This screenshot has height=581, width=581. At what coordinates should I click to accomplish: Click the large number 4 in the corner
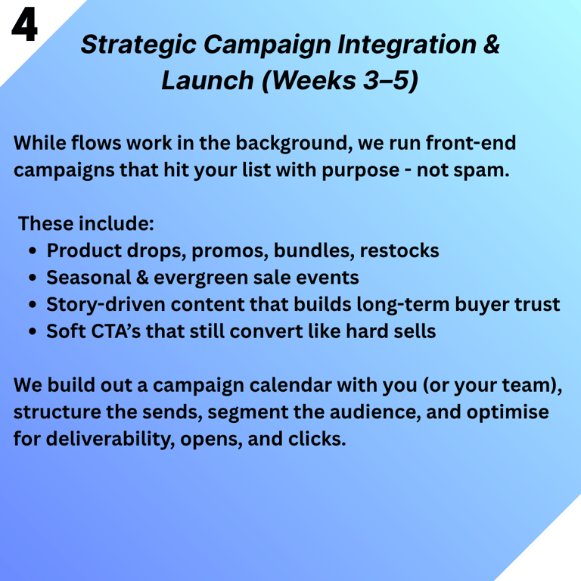tap(24, 24)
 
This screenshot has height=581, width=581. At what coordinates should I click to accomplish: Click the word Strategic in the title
tap(138, 45)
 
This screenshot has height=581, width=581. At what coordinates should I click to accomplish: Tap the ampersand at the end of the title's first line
tap(491, 44)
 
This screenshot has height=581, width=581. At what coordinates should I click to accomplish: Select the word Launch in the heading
tap(207, 80)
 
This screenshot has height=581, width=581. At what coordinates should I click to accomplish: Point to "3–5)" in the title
tap(390, 80)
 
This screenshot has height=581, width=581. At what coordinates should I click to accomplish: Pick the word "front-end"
tap(471, 143)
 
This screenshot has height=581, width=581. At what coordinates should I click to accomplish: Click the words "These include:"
tap(86, 223)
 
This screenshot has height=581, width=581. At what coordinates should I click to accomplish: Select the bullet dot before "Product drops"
tap(33, 251)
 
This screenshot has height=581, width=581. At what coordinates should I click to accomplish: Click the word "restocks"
tap(399, 250)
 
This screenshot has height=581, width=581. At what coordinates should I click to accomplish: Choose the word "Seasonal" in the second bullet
tap(89, 277)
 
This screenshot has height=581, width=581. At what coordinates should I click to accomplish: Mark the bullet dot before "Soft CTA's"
tap(33, 331)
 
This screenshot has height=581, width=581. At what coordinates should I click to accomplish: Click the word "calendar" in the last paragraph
tap(290, 385)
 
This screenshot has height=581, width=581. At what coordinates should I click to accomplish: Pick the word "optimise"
tap(508, 412)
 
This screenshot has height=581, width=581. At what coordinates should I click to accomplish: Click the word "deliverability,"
tap(110, 439)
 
